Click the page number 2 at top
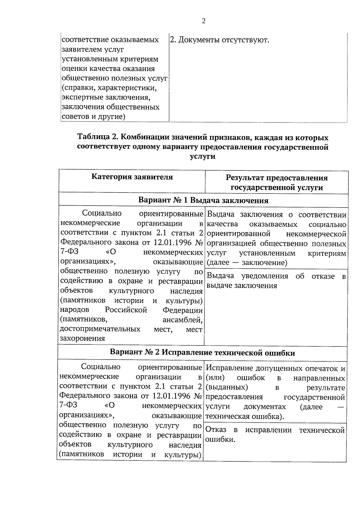(203, 21)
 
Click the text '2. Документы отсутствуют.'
(219, 40)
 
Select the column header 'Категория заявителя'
(132, 177)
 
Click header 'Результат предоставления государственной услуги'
(276, 183)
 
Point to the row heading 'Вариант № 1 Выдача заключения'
(203, 200)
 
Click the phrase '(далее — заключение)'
(247, 263)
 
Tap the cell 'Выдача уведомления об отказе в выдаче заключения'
(276, 281)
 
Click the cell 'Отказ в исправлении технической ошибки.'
(275, 435)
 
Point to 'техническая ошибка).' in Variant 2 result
(244, 417)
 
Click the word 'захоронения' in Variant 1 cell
(82, 339)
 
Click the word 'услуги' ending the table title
(203, 157)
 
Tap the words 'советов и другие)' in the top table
(93, 117)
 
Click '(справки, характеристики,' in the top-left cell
(109, 88)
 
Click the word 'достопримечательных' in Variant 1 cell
(100, 329)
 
